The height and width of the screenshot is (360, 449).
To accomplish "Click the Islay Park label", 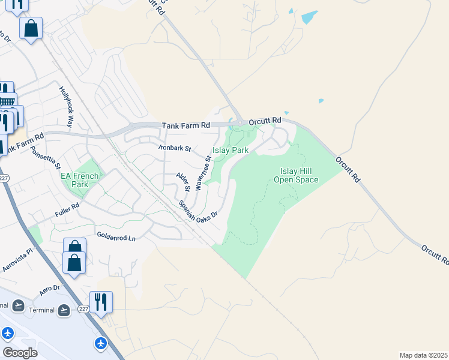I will (x=231, y=150).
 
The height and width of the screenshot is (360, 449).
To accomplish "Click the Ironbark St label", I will (x=174, y=147).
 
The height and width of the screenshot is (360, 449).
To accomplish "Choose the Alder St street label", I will (x=182, y=181).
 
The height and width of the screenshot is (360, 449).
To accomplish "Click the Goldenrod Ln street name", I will (x=116, y=238).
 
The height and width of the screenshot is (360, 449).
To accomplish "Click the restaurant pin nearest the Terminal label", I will (x=101, y=302).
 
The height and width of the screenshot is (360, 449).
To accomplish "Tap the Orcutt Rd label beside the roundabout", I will (x=268, y=120).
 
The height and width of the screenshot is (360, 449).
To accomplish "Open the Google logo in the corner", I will (x=20, y=353).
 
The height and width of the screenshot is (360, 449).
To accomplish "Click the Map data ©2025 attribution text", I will (x=424, y=355).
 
